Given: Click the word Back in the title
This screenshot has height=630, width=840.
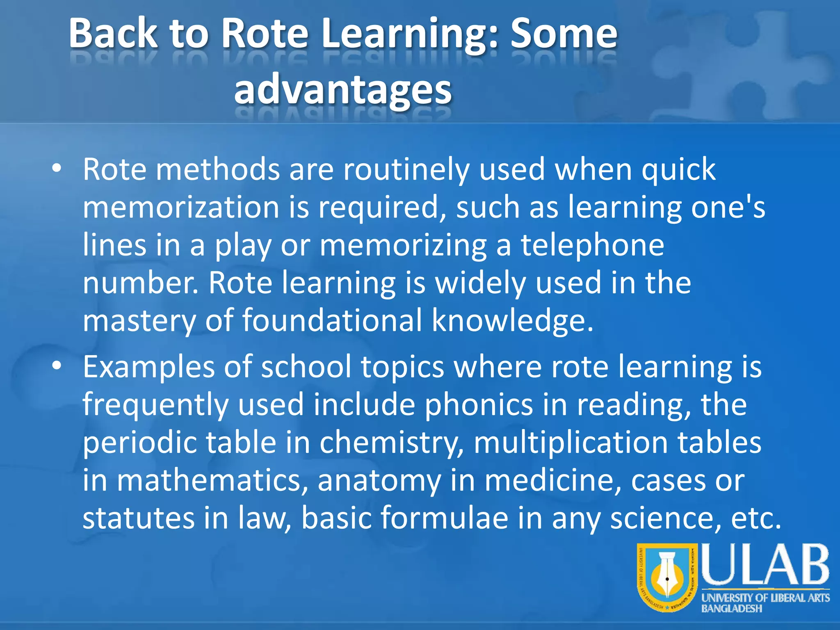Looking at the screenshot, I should click(113, 34).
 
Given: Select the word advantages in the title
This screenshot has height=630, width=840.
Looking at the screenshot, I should click(343, 89).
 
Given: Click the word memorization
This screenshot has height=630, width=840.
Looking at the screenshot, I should click(181, 207).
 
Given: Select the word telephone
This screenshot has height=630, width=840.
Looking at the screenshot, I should click(592, 245).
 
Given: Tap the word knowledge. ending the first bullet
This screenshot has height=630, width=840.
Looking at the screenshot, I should click(512, 320).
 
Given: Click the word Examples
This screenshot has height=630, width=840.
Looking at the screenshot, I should click(148, 366).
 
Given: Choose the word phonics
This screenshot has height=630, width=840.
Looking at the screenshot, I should click(478, 405).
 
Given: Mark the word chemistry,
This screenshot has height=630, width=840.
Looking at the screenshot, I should click(391, 443).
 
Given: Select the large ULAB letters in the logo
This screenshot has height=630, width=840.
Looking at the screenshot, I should click(765, 565).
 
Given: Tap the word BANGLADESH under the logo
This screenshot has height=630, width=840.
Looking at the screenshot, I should click(731, 609).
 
